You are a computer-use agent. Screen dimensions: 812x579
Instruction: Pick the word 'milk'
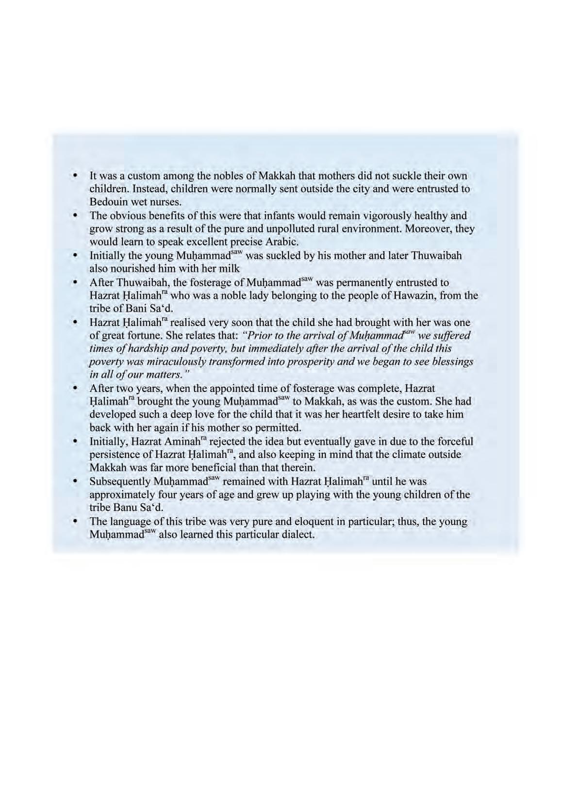coord(230,268)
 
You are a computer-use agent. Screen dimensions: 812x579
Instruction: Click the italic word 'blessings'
coord(452,362)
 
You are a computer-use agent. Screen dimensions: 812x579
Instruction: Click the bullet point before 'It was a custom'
coord(75,175)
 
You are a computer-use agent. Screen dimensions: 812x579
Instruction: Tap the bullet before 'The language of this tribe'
coord(75,521)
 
